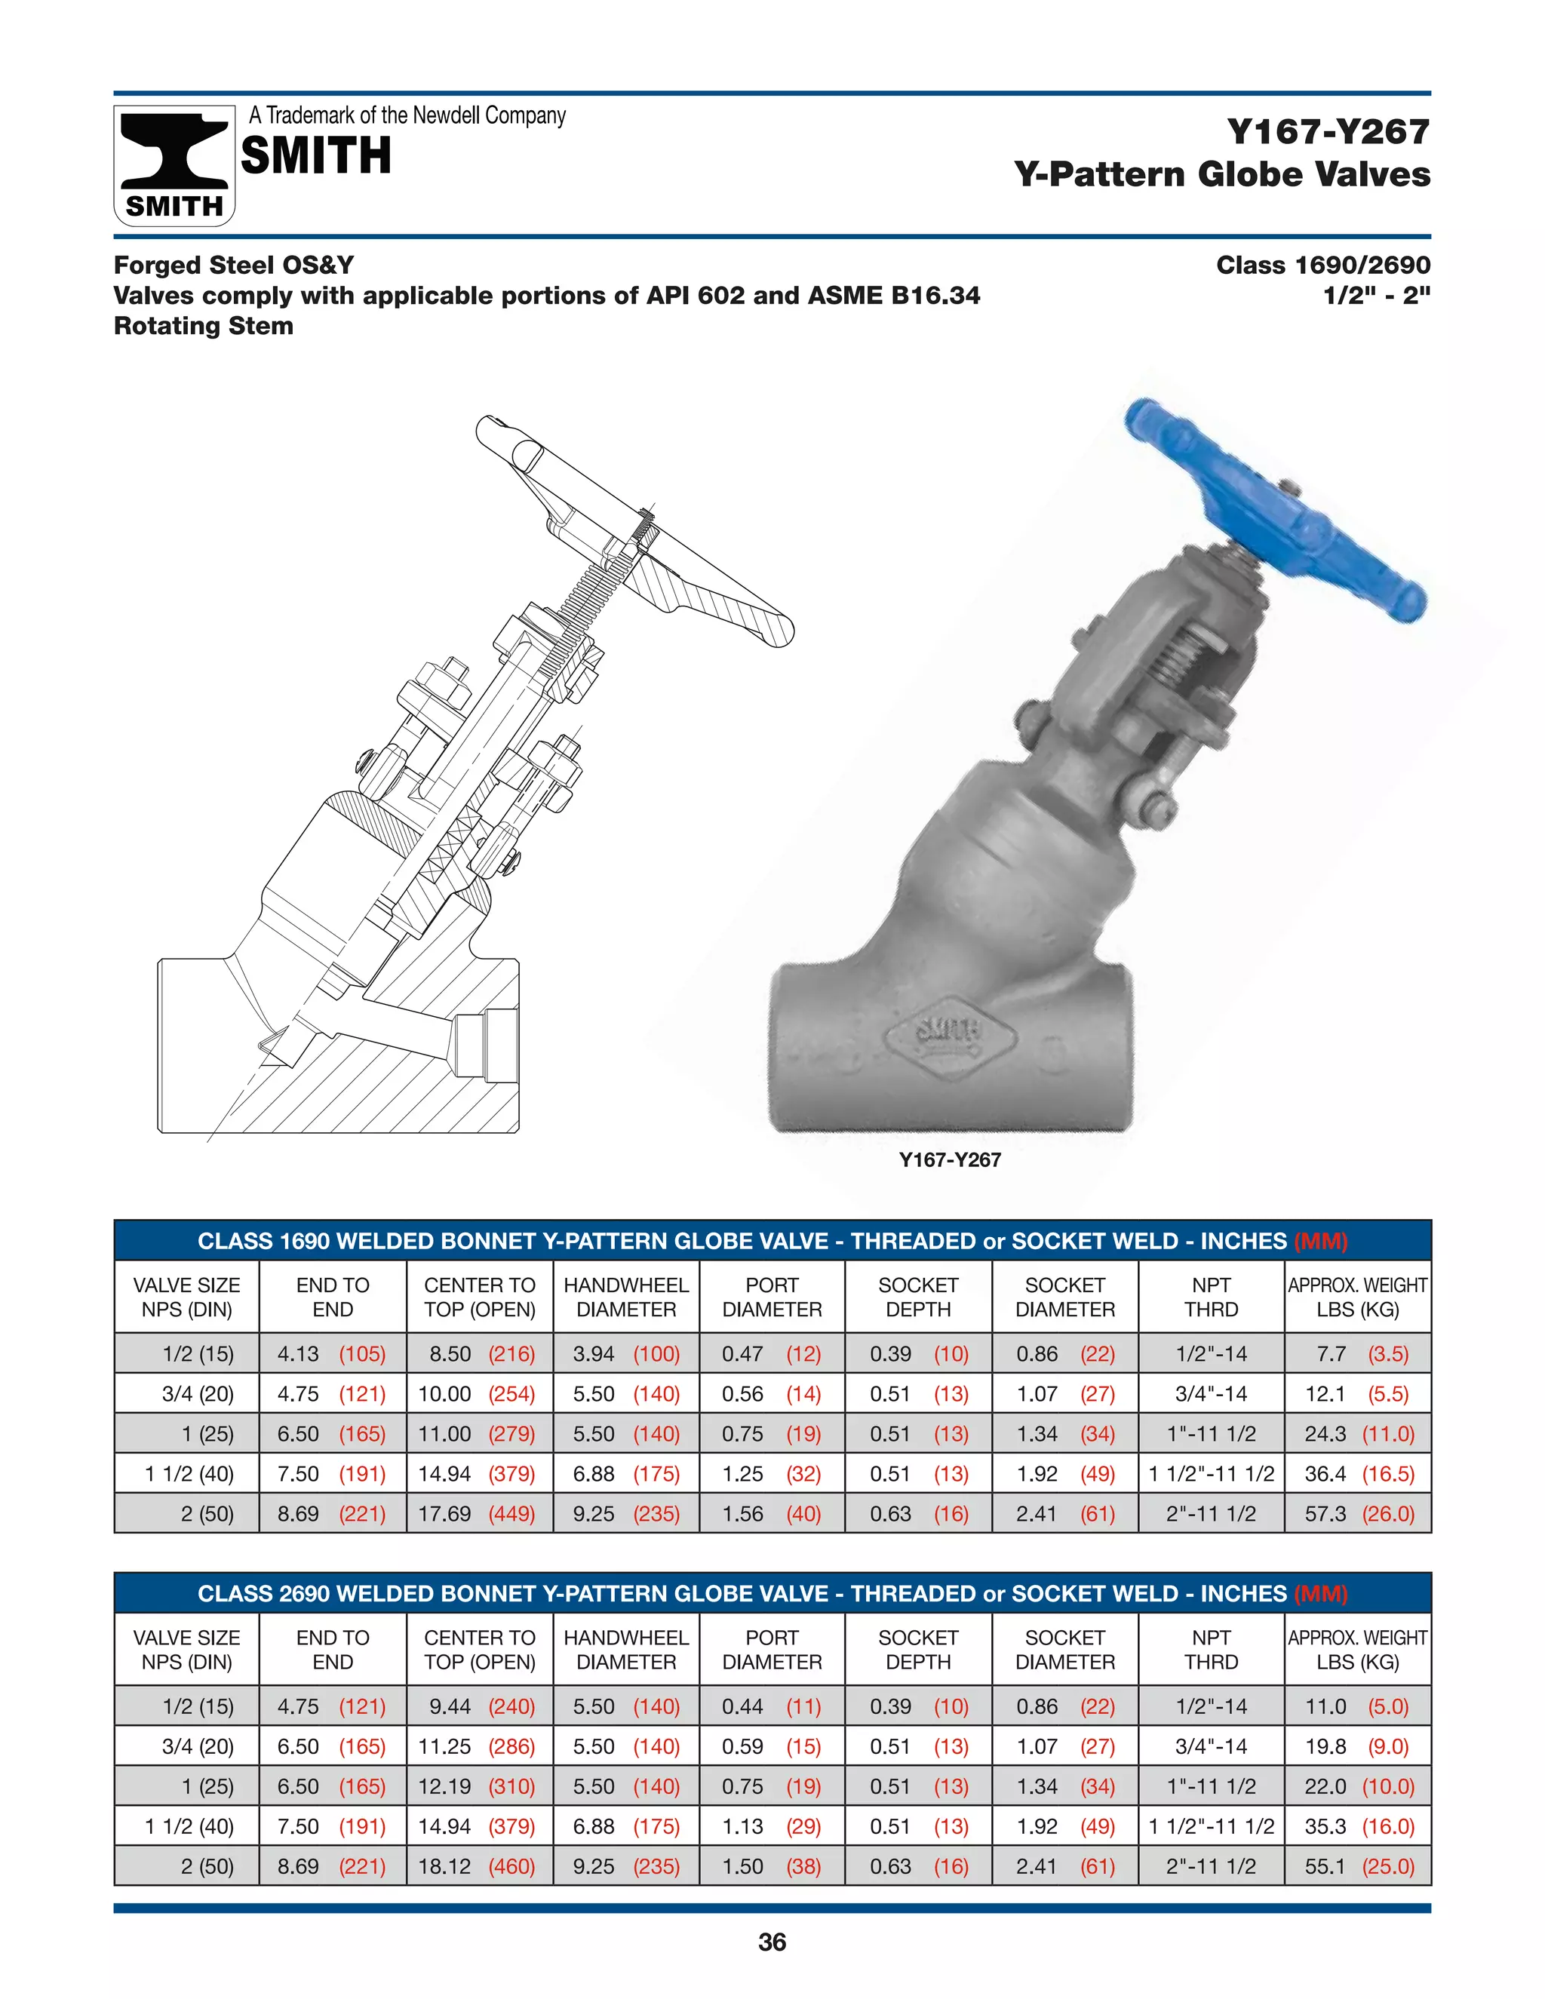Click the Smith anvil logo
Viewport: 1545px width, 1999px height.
tap(174, 164)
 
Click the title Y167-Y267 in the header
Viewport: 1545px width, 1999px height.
tap(1328, 132)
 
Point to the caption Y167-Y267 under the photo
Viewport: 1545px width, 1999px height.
tap(950, 1159)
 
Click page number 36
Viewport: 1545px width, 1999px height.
tap(772, 1942)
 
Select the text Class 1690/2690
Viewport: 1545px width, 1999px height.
tap(1322, 266)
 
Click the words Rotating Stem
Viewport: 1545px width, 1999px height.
tap(203, 326)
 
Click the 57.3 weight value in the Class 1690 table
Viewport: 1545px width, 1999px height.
tap(1325, 1514)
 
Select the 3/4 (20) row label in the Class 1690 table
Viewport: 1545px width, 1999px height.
tap(198, 1394)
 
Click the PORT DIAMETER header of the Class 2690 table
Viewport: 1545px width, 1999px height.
tap(772, 1649)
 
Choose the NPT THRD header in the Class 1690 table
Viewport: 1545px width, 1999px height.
tap(1211, 1297)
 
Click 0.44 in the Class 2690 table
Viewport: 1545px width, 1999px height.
tap(742, 1706)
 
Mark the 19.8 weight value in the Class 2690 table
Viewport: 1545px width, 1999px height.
tap(1325, 1746)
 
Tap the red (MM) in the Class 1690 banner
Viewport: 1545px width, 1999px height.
tap(1321, 1241)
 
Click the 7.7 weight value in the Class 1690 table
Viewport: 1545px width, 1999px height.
tap(1332, 1354)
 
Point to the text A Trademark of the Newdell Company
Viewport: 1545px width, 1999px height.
tap(407, 115)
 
